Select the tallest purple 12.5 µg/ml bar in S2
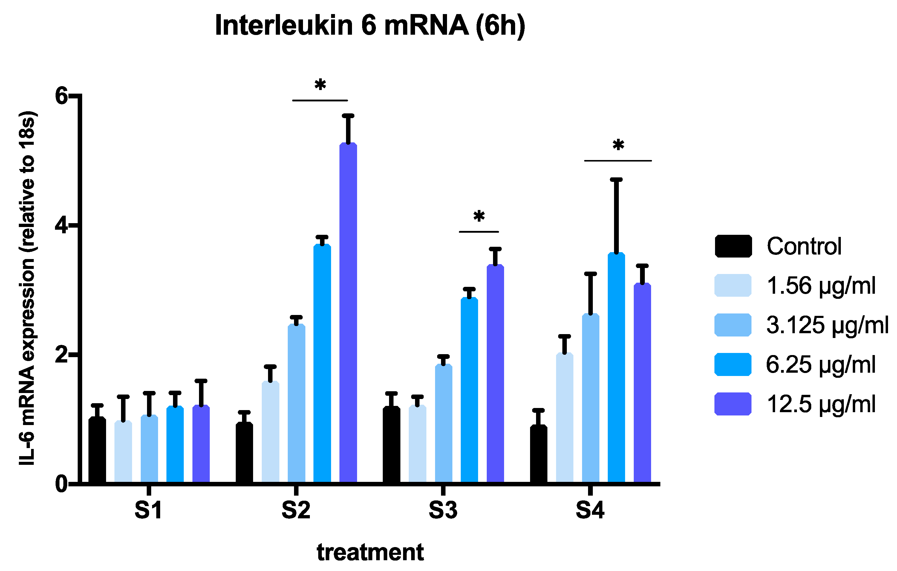click(x=348, y=313)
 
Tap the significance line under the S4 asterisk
click(x=618, y=161)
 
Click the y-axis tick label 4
click(x=62, y=226)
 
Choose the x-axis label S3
click(x=443, y=510)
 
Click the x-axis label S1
click(x=148, y=510)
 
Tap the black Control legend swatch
click(x=733, y=246)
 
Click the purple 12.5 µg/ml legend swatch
click(x=733, y=404)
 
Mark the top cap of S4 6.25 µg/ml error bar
click(x=616, y=180)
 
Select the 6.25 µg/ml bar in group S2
click(x=322, y=364)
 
